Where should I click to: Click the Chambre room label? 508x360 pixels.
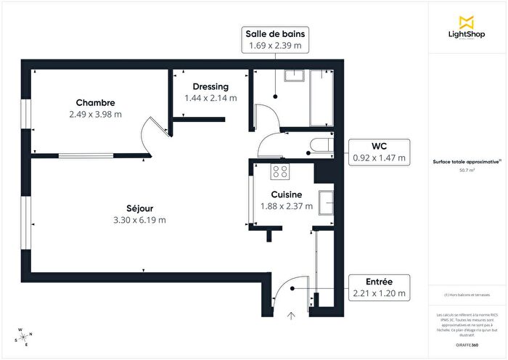click(95, 102)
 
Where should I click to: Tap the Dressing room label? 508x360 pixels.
click(210, 87)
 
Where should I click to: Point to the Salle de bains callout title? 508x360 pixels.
click(275, 33)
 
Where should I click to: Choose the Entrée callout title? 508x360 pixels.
click(380, 282)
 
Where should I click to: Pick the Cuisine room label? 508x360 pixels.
click(287, 195)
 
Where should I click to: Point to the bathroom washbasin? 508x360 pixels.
click(295, 78)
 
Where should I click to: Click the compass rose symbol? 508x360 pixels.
click(23, 337)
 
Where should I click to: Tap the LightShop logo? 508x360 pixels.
click(467, 27)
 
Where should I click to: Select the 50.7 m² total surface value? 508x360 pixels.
click(467, 169)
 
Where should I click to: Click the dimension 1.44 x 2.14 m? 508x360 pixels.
click(210, 98)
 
